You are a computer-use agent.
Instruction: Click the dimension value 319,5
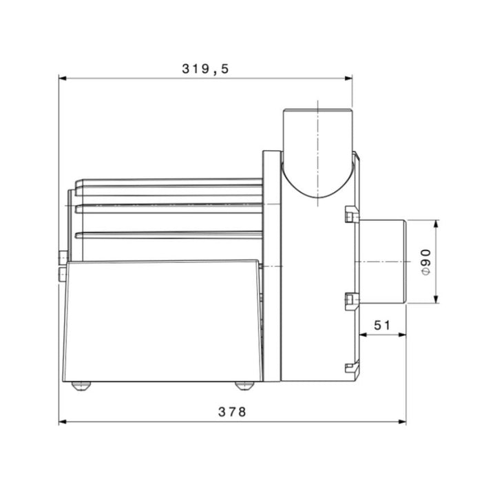[x=205, y=68]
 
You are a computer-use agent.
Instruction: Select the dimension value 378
[x=232, y=412]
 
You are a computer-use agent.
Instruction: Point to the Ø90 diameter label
[x=425, y=262]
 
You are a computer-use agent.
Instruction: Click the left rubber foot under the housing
[x=81, y=386]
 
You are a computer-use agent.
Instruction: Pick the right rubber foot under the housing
[x=244, y=386]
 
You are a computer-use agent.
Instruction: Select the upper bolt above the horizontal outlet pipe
[x=351, y=218]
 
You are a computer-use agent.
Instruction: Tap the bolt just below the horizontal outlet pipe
[x=351, y=300]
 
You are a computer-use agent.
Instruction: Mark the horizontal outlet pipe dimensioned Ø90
[x=382, y=262]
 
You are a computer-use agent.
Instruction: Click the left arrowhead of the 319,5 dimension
[x=63, y=78]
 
